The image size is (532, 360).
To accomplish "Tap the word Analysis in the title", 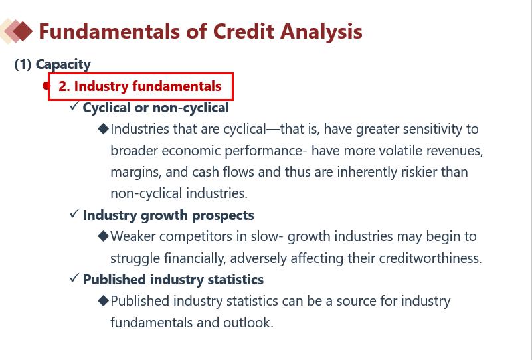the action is click(321, 33).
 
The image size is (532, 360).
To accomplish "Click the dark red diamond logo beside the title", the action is click(23, 31).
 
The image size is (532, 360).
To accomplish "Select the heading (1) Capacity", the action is click(52, 64).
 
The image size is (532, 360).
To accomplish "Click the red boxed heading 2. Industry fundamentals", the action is click(139, 86).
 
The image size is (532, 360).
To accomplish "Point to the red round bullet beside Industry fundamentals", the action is click(46, 86).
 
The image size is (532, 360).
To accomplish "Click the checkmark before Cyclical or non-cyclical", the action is click(74, 106).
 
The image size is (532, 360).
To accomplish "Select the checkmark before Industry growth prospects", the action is click(74, 213).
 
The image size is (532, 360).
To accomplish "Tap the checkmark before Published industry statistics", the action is click(74, 278).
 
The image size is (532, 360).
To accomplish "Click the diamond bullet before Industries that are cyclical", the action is click(103, 129).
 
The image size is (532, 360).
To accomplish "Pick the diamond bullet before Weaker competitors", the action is click(103, 236).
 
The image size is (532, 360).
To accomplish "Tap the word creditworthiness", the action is click(430, 258).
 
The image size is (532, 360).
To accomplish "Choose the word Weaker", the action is click(133, 236).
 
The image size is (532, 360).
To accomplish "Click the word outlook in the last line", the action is click(248, 322).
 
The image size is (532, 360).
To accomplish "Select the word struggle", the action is click(135, 259).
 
